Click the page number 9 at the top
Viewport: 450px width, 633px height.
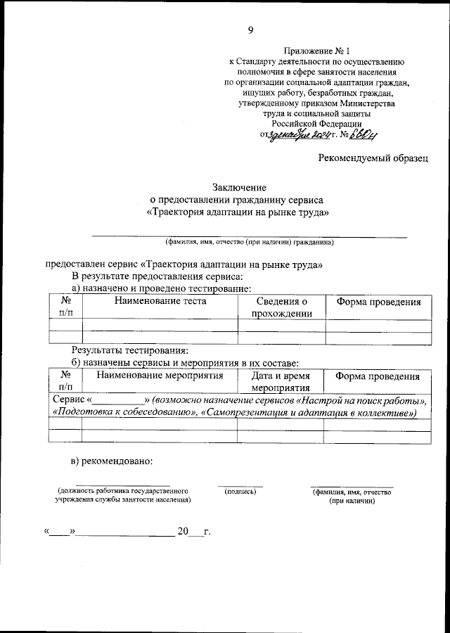[250, 29]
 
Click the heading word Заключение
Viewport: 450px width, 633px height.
[240, 187]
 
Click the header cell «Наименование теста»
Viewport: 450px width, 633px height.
[160, 302]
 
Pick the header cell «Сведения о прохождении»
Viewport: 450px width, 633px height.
[281, 307]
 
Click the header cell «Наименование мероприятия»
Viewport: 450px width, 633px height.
[160, 376]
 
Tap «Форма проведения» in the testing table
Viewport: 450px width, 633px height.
[378, 302]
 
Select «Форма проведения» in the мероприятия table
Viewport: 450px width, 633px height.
[378, 376]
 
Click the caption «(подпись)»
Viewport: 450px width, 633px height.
[240, 491]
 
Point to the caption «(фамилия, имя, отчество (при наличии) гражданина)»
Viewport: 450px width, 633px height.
[250, 243]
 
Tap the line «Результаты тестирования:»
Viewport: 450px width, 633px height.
[130, 350]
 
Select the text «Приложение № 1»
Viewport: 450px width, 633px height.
[316, 51]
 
